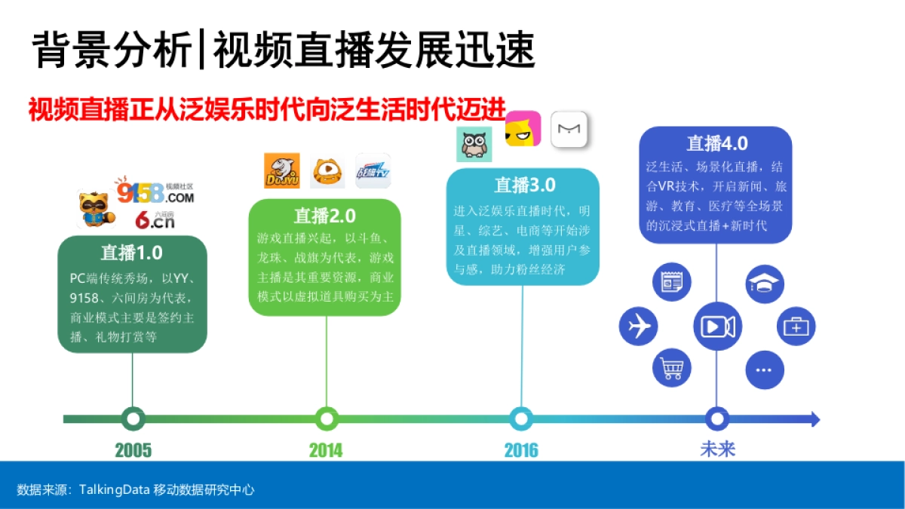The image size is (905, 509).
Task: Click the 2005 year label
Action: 133,450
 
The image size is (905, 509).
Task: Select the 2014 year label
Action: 326,450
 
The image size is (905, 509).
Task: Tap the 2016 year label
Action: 521,450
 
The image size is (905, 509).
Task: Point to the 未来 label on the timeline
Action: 717,449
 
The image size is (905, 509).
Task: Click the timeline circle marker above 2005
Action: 133,418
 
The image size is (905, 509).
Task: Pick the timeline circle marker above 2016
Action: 521,418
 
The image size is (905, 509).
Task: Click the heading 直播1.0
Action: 132,252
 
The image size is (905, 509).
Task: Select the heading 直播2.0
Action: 325,216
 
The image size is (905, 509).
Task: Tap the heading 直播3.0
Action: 524,185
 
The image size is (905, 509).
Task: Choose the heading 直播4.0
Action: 717,143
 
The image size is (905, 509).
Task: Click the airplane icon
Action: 638,327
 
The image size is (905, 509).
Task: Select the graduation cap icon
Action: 765,284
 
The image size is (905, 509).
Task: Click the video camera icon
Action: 717,327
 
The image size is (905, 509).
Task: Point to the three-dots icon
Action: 764,370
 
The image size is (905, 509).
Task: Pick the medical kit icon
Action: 796,327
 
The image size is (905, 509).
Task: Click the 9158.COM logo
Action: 155,192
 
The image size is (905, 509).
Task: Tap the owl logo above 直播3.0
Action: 474,143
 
